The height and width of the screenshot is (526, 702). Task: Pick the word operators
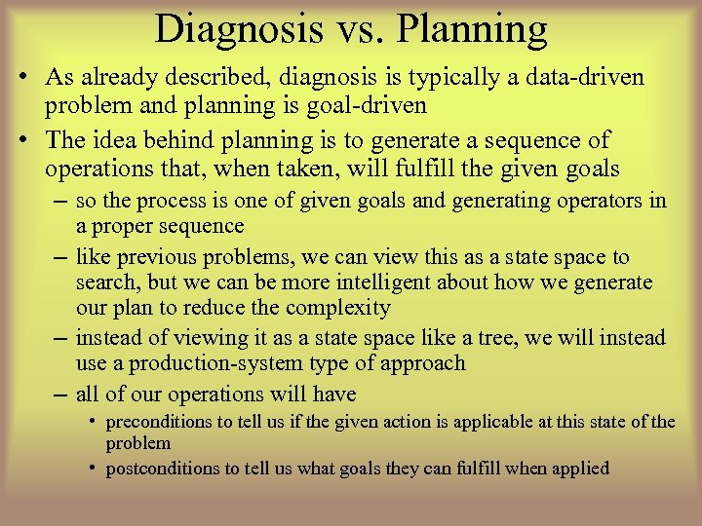(600, 201)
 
